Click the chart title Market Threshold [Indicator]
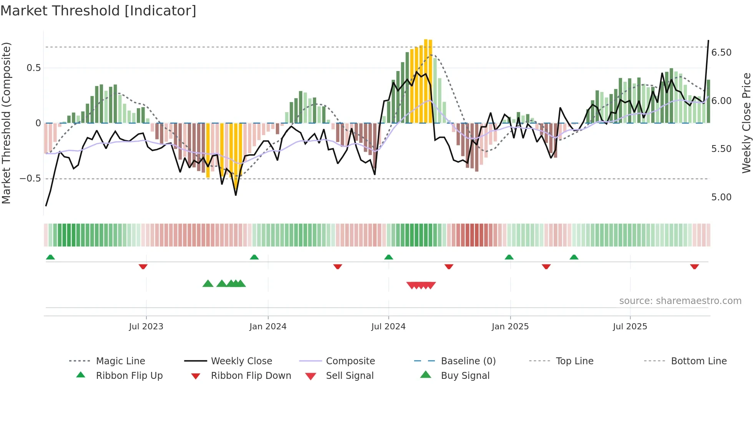[x=98, y=11]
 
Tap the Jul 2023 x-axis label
[x=146, y=327]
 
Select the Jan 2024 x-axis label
[x=268, y=327]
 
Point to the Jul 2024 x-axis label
[x=388, y=327]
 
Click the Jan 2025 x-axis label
[x=510, y=327]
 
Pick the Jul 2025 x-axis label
[x=630, y=327]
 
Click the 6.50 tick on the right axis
[x=721, y=53]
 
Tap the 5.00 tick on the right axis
[x=721, y=197]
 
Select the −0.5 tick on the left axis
[x=30, y=179]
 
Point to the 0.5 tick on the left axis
[x=33, y=68]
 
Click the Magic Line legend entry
[x=120, y=361]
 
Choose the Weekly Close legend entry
[x=241, y=361]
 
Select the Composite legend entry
[x=350, y=361]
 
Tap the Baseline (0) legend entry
[x=468, y=361]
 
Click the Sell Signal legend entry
[x=349, y=376]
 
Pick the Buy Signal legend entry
[x=465, y=376]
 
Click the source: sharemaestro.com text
[x=680, y=301]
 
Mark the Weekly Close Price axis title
[x=746, y=123]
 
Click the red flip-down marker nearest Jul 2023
[x=143, y=266]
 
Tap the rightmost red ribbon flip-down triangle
[x=694, y=266]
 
